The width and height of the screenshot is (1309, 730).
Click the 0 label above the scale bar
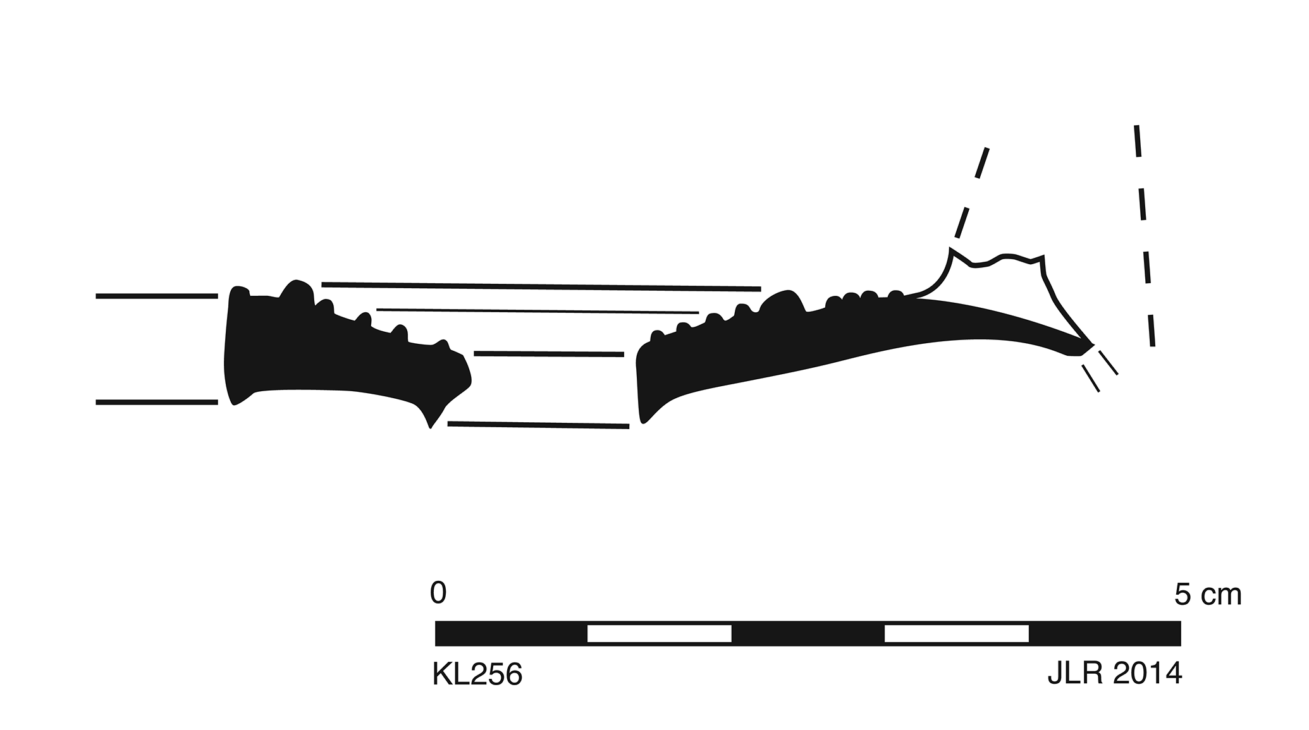pos(438,593)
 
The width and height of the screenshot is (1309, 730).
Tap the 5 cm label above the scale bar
pos(1208,595)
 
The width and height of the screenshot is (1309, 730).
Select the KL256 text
pos(477,674)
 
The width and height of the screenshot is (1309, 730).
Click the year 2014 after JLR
pos(1147,674)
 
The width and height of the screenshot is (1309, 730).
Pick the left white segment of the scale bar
pos(659,633)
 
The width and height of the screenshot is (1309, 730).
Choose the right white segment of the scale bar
pos(956,633)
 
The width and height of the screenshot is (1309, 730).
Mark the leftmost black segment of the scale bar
pos(511,633)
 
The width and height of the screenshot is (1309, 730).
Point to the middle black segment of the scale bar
pos(808,633)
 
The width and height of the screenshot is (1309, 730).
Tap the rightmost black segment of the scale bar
pos(1105,633)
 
